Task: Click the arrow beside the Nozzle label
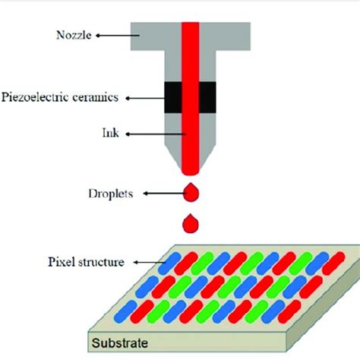(x=114, y=33)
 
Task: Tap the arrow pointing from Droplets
(x=155, y=194)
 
